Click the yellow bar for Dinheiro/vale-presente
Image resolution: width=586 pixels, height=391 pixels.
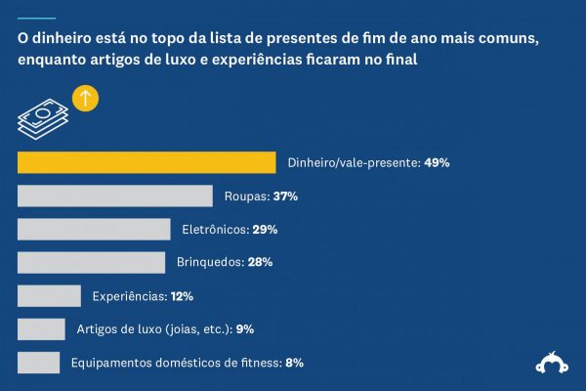coord(146,163)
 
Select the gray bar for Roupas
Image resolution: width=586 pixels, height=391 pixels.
coord(115,196)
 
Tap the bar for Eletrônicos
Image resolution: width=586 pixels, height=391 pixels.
coord(95,230)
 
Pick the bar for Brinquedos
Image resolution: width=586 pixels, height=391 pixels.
coord(92,262)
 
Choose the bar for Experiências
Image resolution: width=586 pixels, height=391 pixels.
coord(49,295)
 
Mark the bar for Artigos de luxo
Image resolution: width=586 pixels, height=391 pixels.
coord(41,328)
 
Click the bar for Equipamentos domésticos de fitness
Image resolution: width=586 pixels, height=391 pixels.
coord(39,362)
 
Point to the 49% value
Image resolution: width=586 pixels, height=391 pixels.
coord(437,163)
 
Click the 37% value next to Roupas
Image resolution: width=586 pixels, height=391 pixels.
coord(285,196)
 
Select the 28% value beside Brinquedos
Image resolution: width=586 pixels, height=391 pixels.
coord(259,262)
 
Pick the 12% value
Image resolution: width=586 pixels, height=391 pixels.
coord(182,295)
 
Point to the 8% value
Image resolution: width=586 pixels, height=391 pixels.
coord(294,362)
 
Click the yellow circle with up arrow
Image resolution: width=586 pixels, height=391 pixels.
coord(86,99)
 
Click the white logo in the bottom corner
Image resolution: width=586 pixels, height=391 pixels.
coord(553,363)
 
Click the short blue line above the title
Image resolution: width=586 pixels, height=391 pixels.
coord(36,18)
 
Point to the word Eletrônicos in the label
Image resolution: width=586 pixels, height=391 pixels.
coord(213,230)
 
